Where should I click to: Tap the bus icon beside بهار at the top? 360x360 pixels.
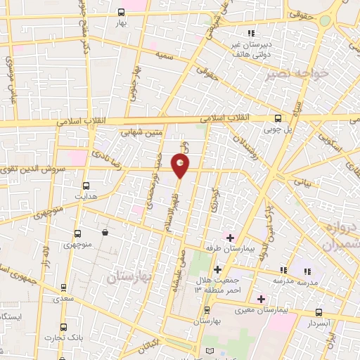tap(122, 12)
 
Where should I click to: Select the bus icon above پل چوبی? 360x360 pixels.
tap(278, 118)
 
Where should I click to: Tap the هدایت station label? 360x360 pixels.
tap(86, 199)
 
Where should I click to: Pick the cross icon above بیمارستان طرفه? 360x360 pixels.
tap(230, 238)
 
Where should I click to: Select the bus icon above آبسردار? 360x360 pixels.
tap(320, 311)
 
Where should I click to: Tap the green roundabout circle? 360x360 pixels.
tap(324, 20)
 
